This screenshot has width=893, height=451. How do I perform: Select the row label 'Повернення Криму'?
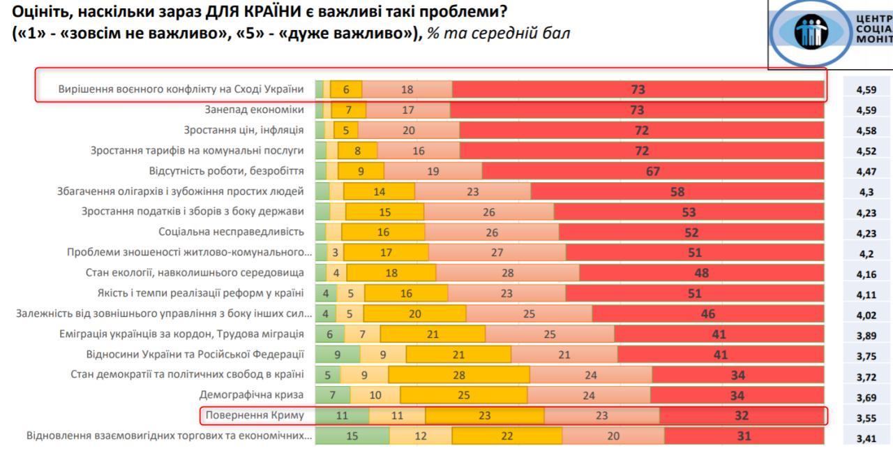tap(255, 415)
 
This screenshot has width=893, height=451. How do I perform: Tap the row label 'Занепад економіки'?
tap(254, 110)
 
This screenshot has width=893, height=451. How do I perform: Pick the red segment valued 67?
tap(652, 171)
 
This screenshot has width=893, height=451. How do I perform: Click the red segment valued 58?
tap(677, 192)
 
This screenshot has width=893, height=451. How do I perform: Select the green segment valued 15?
tap(352, 436)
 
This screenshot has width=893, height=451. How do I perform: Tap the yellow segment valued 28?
tap(458, 375)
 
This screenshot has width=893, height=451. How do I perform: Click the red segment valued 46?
tap(707, 314)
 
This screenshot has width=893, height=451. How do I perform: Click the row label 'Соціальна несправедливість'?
tap(231, 232)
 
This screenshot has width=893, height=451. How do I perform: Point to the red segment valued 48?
tap(701, 273)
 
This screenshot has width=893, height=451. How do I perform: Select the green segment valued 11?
tap(342, 415)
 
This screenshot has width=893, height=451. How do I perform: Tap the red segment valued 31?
tap(744, 436)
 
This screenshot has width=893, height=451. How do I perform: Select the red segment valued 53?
tap(689, 212)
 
